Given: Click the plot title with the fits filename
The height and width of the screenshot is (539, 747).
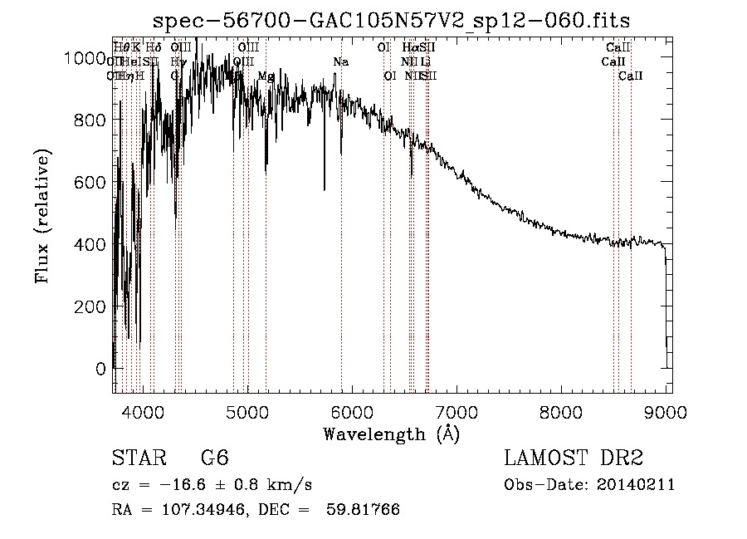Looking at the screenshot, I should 393,22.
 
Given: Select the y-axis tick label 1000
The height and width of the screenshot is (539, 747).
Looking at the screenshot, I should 84,57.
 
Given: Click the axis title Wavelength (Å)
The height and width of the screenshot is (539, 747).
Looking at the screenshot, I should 392,434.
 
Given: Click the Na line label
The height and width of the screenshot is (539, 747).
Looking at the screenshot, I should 340,62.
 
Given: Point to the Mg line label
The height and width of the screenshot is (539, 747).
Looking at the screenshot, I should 266,76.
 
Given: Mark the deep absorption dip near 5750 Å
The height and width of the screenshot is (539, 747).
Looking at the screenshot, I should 325,186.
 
